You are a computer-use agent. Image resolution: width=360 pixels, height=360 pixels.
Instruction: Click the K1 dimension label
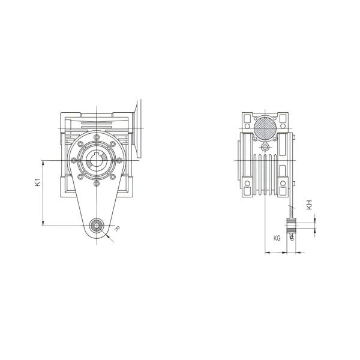(x=38, y=182)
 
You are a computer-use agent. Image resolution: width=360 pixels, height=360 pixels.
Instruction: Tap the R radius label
(x=117, y=229)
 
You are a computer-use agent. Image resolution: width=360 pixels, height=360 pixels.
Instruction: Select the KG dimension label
(x=277, y=238)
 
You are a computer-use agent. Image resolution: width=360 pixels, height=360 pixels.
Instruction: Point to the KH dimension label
(x=309, y=205)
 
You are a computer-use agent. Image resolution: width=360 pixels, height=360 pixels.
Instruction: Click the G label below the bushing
(x=292, y=238)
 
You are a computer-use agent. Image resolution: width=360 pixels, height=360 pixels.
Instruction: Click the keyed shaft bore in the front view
(x=97, y=160)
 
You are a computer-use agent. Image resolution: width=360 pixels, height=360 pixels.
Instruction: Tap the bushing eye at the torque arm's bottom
(x=97, y=226)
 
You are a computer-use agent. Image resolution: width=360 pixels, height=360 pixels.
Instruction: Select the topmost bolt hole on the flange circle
(x=97, y=137)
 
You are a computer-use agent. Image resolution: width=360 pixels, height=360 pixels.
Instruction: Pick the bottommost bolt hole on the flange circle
(x=97, y=183)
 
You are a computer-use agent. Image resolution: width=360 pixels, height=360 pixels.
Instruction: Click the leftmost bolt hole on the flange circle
(x=74, y=160)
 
